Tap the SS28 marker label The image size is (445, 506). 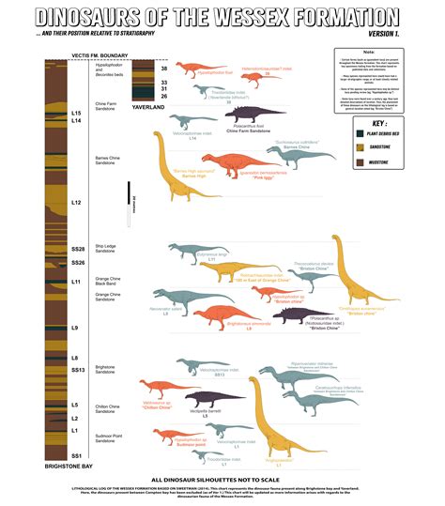click(78, 249)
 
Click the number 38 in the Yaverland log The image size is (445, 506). click(165, 69)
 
